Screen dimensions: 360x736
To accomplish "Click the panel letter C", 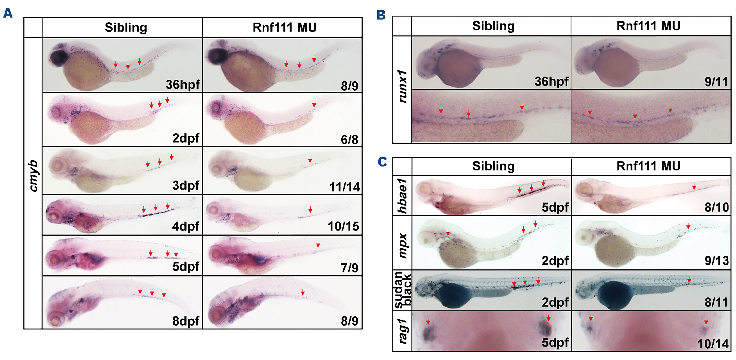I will pyautogui.click(x=382, y=162).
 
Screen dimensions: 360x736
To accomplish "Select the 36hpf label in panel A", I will pyautogui.click(x=183, y=85).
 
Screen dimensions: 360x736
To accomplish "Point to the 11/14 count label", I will pyautogui.click(x=345, y=187).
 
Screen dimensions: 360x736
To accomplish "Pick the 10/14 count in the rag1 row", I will pyautogui.click(x=713, y=344).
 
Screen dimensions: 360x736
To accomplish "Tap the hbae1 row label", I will pyautogui.click(x=402, y=196).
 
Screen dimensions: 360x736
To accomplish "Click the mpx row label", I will pyautogui.click(x=402, y=246).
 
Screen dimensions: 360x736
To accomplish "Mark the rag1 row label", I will pyautogui.click(x=402, y=331).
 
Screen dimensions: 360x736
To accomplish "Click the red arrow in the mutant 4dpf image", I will pyautogui.click(x=310, y=210).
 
